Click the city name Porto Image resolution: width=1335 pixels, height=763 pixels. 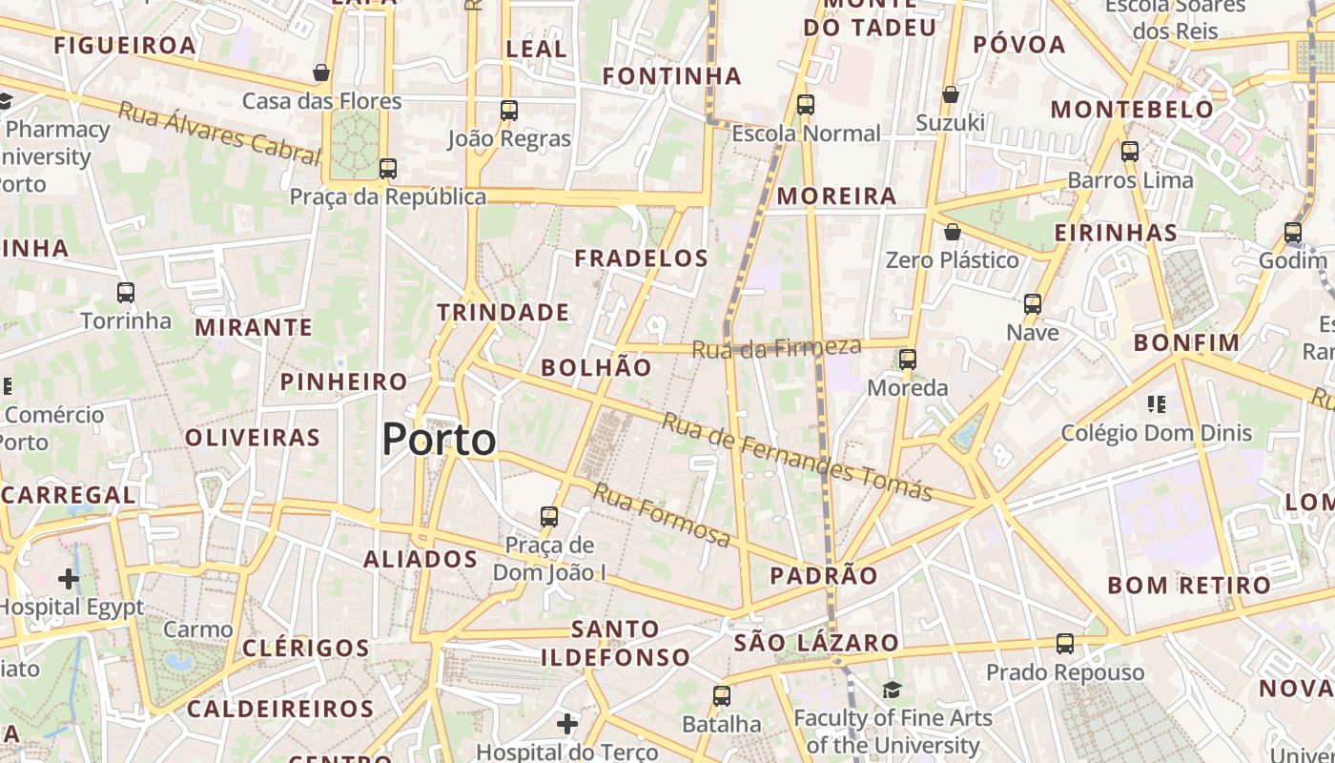click(439, 440)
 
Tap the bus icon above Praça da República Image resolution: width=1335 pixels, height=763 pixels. click(387, 169)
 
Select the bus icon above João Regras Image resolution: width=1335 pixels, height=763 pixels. click(509, 110)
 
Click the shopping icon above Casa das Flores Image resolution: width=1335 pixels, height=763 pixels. click(322, 72)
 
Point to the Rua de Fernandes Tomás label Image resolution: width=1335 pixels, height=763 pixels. click(796, 457)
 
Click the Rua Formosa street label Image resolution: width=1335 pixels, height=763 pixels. click(662, 515)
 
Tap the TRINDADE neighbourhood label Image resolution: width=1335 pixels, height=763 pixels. click(503, 312)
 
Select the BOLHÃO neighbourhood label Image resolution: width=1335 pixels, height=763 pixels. click(596, 367)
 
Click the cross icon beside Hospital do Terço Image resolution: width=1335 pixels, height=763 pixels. click(567, 724)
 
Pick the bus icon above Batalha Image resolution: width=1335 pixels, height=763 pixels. click(722, 695)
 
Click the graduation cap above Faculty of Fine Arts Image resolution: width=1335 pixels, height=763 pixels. click(892, 690)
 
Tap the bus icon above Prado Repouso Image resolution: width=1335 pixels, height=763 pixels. click(1065, 644)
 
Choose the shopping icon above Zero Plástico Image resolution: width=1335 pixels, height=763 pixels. click(952, 232)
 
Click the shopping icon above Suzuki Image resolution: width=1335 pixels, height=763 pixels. click(950, 94)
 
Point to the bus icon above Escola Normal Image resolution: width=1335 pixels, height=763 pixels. click(806, 105)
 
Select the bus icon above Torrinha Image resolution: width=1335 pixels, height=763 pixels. click(126, 292)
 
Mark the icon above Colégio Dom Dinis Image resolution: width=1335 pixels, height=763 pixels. click(1157, 404)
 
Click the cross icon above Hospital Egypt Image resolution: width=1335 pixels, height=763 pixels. click(69, 578)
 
